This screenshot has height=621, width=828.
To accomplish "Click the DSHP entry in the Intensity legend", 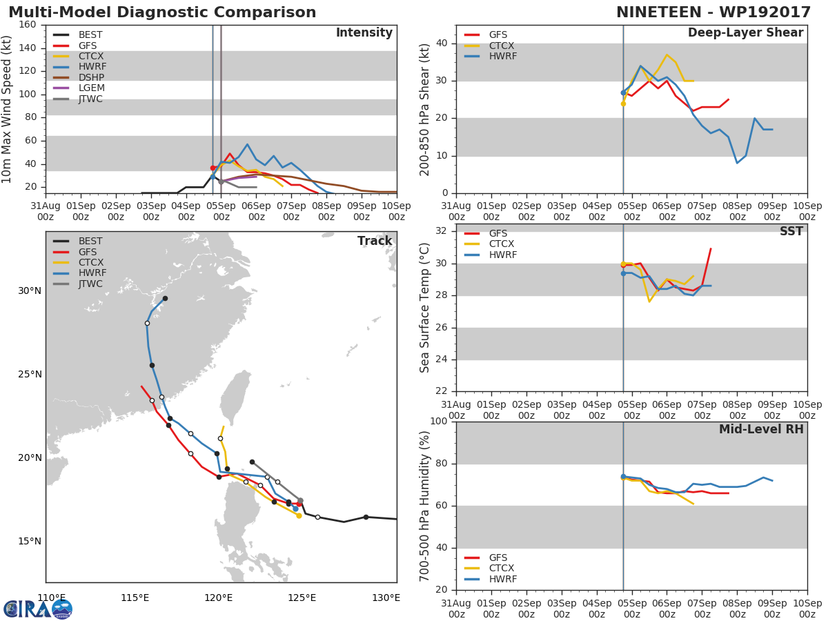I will (x=91, y=77).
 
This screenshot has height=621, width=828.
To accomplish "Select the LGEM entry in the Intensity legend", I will (x=91, y=88).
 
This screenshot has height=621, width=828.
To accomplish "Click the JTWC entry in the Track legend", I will (x=90, y=284).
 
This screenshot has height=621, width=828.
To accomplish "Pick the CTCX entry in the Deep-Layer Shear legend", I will (x=502, y=46).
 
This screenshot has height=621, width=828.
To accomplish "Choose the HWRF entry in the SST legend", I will (x=502, y=255).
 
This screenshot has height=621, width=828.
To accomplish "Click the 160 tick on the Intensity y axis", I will (x=27, y=25).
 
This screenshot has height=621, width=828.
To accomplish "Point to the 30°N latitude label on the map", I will (x=30, y=290).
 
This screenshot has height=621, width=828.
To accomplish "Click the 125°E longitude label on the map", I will (x=302, y=598).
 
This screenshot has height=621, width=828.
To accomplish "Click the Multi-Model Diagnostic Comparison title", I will (x=162, y=12).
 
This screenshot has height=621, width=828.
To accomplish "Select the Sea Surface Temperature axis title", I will (x=425, y=307).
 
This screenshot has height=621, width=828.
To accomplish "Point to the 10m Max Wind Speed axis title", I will (x=8, y=109).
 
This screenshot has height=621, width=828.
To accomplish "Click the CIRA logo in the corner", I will (x=38, y=609).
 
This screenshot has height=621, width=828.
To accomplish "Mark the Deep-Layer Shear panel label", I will (x=745, y=33).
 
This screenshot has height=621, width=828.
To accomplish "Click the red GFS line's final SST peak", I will (x=711, y=248).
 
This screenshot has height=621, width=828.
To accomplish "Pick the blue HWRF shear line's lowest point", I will (x=737, y=163).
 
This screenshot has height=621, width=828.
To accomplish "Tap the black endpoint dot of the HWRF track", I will (x=165, y=298).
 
